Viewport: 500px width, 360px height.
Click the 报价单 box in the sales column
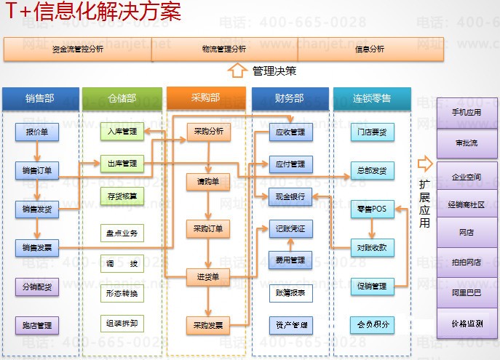tap(36, 133)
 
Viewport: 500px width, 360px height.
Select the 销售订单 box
tap(36, 171)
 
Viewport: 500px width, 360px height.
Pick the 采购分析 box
tap(208, 132)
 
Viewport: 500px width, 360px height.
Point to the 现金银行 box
tap(291, 196)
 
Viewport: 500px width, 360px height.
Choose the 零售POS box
tap(372, 209)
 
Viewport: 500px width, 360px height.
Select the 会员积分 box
tap(372, 324)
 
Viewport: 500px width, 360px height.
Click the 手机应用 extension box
tap(467, 113)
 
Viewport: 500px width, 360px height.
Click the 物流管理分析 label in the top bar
tap(224, 49)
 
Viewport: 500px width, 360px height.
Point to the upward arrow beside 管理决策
tap(237, 71)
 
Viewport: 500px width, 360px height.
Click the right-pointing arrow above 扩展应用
tap(425, 164)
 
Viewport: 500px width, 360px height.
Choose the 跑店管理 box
tap(36, 325)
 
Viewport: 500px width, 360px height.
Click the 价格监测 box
tap(467, 324)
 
